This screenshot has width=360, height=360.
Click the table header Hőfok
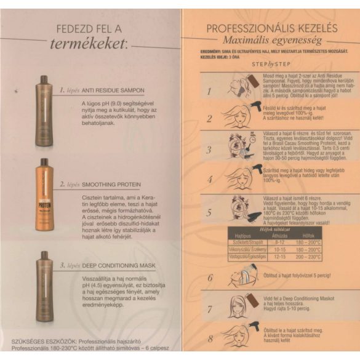308,234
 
